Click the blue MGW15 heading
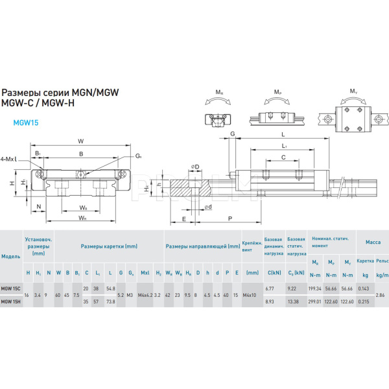26,121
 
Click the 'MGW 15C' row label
10,288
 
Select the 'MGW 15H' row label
10,301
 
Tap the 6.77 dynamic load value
271,288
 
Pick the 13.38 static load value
294,301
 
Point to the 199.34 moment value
316,288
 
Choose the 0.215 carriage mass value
364,301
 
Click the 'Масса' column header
373,242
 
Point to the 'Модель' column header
11,256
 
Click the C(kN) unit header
274,272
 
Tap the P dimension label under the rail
230,220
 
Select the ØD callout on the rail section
194,167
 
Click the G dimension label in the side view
231,134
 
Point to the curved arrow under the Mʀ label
220,101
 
